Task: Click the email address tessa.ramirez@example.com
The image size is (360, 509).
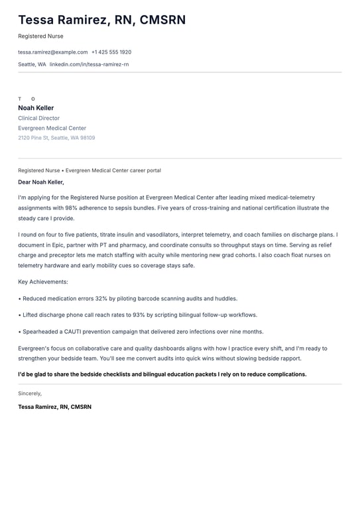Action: coord(53,52)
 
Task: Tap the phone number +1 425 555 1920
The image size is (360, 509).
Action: coord(111,52)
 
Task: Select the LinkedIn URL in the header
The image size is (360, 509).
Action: coord(89,64)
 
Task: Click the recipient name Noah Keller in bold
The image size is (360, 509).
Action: coord(36,108)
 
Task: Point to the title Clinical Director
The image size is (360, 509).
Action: coord(38,118)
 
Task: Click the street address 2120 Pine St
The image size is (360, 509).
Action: coord(33,138)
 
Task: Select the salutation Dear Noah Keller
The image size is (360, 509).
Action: coord(41,182)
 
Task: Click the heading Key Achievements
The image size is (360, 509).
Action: coord(43,282)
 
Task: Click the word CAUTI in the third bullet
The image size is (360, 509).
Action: coord(73,332)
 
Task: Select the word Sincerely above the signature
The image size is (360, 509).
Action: coord(30,393)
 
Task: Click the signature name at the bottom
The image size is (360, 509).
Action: coord(54,407)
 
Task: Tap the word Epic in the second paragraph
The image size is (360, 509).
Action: coord(59,245)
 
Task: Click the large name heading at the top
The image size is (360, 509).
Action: coord(102,20)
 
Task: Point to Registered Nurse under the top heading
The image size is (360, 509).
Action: coord(40,36)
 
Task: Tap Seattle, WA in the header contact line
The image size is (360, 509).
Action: coord(32,64)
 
